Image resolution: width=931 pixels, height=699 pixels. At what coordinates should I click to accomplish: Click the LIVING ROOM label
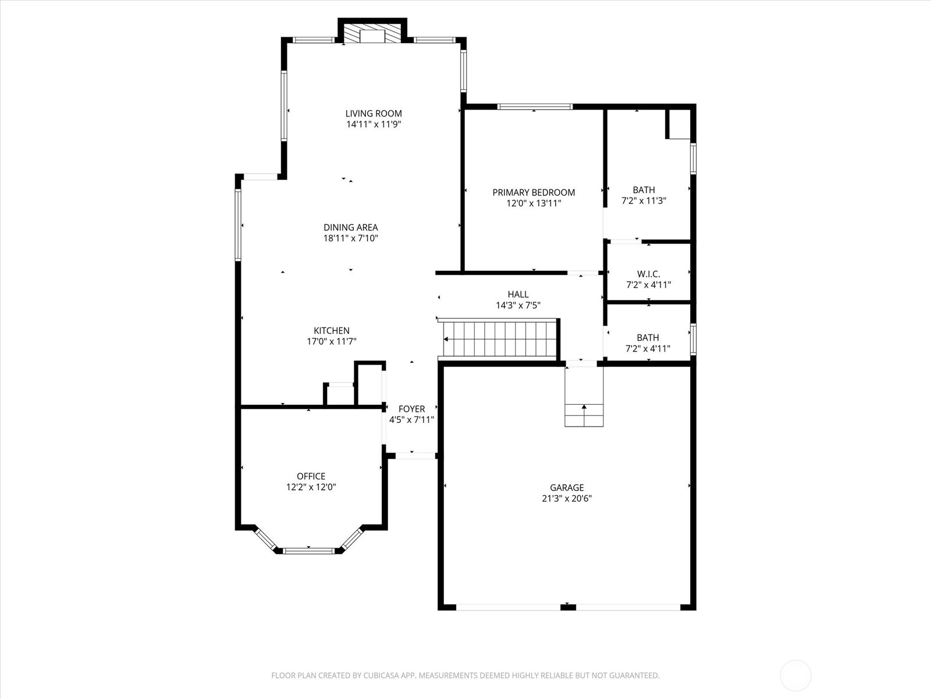click(x=374, y=114)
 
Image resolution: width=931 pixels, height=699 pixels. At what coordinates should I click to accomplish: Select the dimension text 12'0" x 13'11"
click(x=534, y=203)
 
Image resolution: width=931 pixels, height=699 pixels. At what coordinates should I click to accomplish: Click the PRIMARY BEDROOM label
click(x=534, y=192)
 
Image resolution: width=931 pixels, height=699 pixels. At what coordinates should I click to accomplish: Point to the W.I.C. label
click(x=648, y=274)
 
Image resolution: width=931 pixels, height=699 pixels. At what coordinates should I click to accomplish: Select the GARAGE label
click(x=567, y=488)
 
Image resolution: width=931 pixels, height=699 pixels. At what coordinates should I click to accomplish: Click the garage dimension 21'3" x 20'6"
click(x=567, y=499)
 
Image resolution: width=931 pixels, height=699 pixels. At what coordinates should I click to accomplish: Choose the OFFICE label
click(x=311, y=476)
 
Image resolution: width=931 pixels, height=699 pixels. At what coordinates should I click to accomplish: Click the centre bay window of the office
click(x=309, y=550)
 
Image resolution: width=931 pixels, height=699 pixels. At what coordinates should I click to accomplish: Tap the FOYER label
click(x=411, y=409)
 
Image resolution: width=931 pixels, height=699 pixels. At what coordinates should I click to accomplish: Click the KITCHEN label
click(x=332, y=331)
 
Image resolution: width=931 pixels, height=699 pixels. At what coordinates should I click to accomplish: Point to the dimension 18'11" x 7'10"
click(x=351, y=238)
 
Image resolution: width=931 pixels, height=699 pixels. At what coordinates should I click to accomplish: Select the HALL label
click(x=518, y=295)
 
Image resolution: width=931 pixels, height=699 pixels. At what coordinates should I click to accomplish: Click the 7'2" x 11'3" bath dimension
click(x=644, y=201)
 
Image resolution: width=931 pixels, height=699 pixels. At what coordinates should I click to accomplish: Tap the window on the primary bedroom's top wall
click(x=535, y=107)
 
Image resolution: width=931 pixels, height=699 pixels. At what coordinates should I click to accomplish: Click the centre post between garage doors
click(x=568, y=607)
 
